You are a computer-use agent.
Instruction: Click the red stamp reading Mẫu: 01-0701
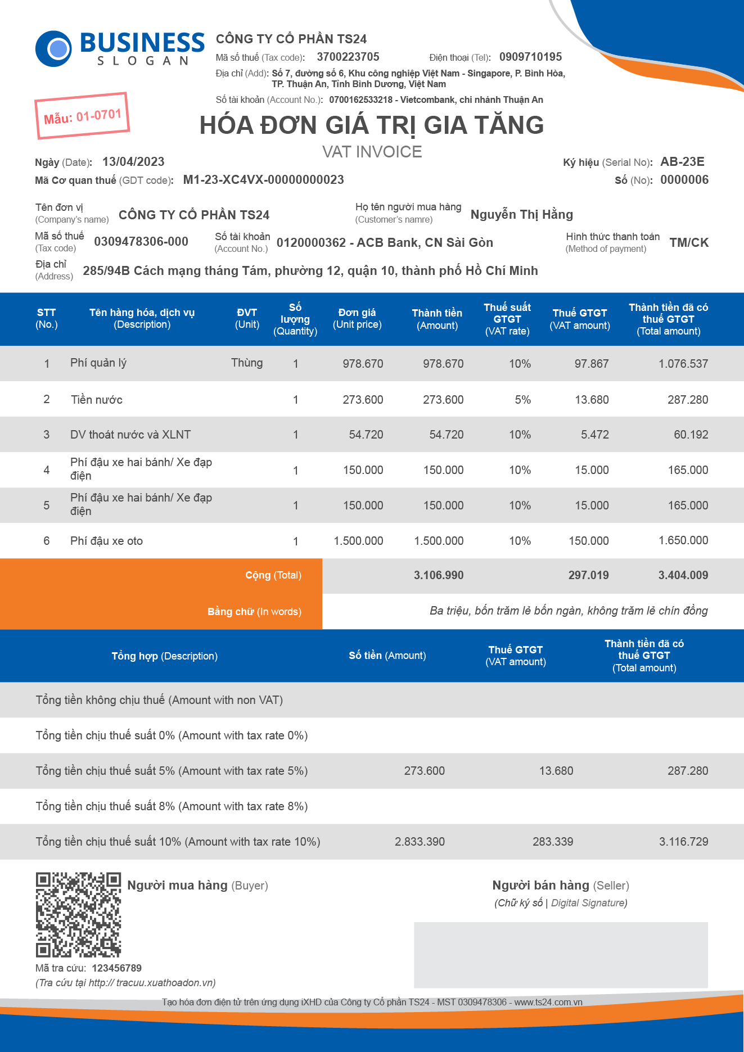click(83, 116)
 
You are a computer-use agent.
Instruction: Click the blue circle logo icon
click(53, 49)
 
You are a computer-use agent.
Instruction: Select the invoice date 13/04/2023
click(133, 162)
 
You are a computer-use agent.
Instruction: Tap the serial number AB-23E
click(682, 162)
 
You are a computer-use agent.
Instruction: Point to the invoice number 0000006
click(684, 180)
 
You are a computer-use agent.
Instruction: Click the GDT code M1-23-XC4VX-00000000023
click(263, 180)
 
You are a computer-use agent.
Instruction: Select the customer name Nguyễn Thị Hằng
click(521, 214)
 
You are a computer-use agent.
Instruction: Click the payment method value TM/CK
click(689, 243)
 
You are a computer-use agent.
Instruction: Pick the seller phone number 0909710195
click(530, 57)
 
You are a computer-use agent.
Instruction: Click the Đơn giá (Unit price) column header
click(357, 318)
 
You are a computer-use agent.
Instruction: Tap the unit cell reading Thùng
click(247, 363)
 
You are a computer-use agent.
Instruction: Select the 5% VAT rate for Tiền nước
click(522, 400)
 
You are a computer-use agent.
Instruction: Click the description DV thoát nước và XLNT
click(130, 435)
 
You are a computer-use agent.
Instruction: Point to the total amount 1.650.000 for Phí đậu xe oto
click(683, 540)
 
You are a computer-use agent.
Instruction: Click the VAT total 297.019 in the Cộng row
click(588, 575)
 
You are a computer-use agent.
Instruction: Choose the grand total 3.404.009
click(683, 575)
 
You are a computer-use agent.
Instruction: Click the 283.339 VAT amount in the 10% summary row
click(553, 842)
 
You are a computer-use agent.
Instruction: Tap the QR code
click(79, 915)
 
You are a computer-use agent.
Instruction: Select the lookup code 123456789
click(116, 968)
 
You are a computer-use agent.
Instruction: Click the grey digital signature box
click(561, 955)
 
